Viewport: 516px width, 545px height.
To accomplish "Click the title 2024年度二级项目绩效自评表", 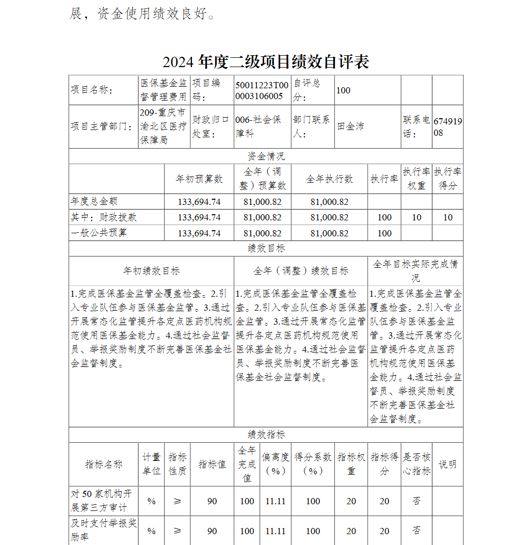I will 266,62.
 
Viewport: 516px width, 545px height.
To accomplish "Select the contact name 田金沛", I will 350,126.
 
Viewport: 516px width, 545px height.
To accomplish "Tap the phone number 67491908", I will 448,126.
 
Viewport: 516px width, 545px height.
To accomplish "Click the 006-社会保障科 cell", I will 259,126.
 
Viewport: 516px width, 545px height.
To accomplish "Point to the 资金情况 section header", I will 266,156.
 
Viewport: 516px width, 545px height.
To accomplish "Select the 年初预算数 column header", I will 199,179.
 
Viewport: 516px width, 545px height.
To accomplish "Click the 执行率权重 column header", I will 416,179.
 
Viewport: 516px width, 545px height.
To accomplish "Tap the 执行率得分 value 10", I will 448,217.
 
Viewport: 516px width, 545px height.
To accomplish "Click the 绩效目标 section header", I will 266,248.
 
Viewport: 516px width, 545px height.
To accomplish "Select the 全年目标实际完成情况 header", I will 415,270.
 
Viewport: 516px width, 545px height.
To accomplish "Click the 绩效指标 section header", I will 266,435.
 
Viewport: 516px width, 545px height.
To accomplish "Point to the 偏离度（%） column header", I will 275,464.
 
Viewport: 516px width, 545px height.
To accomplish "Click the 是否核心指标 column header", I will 416,464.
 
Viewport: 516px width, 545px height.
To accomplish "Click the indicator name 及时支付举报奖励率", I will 103,531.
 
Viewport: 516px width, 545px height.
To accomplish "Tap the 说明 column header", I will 447,464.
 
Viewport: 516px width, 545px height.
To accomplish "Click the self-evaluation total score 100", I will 343,90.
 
